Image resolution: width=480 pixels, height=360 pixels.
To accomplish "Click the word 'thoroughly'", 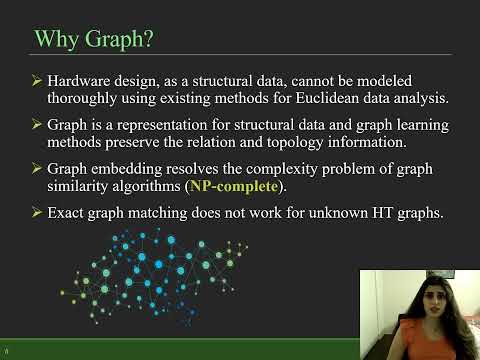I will coord(83,99).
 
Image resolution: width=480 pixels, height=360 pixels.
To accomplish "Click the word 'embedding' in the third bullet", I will coord(130,168).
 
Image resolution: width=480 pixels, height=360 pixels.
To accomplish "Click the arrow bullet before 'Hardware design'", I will coord(37,79).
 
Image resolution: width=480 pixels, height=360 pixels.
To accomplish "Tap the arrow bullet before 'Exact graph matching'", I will coord(37,212).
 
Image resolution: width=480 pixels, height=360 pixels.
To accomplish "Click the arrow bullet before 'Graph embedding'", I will coord(37,168).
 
